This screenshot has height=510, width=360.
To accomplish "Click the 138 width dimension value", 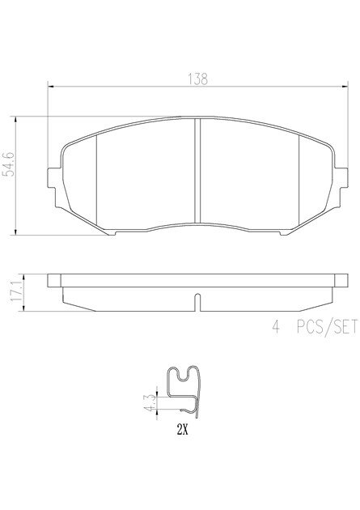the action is [x=197, y=79].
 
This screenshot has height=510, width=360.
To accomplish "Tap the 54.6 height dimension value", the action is [x=9, y=164].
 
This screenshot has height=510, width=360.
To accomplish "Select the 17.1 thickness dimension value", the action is [x=16, y=291].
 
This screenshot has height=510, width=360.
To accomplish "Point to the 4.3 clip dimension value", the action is [x=150, y=402].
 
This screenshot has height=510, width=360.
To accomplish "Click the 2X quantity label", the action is [x=182, y=431].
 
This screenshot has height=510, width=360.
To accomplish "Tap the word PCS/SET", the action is [x=327, y=326].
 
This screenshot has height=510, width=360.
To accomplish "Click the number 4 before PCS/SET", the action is [x=276, y=326].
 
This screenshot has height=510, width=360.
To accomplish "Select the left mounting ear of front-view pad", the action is [x=54, y=177].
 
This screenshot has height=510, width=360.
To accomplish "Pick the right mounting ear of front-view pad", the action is [x=341, y=177].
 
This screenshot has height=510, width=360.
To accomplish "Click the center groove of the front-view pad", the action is [x=197, y=171].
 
